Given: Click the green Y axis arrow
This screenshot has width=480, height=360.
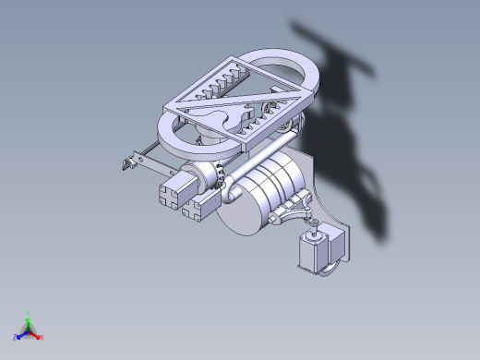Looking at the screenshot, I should (29, 317).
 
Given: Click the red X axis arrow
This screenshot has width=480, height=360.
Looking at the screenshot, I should (39, 337).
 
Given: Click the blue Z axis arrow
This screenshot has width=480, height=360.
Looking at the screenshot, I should (18, 336).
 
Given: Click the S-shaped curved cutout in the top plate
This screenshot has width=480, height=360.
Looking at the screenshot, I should (222, 118).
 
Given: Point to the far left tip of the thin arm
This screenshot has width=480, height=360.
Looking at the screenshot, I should (122, 165).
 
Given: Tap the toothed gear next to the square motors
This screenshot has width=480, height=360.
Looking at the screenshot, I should (219, 174).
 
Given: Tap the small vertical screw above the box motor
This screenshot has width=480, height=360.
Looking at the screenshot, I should (315, 226).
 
